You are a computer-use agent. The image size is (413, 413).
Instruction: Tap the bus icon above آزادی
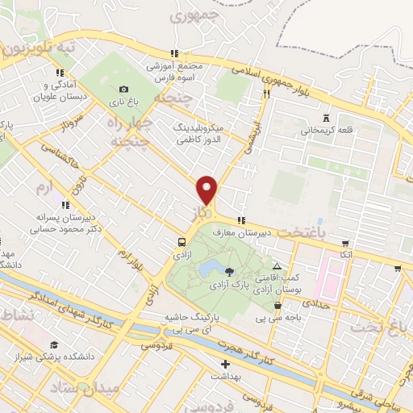pos(182,242)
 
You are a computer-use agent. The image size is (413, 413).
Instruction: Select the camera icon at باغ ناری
pos(123,90)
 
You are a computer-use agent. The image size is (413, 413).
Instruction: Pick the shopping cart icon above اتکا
pos(345,244)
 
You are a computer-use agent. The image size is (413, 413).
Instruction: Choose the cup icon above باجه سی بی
pos(278,305)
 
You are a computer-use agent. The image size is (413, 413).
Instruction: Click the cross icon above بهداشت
pos(225,364)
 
